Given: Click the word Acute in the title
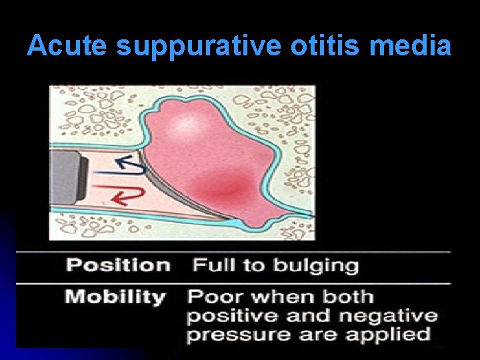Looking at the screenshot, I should click(x=69, y=46).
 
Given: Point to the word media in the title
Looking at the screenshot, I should click(x=415, y=46).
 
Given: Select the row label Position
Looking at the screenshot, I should click(x=118, y=265).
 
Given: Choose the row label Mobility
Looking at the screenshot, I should click(x=115, y=297).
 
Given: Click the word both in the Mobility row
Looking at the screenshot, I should click(x=347, y=297).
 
